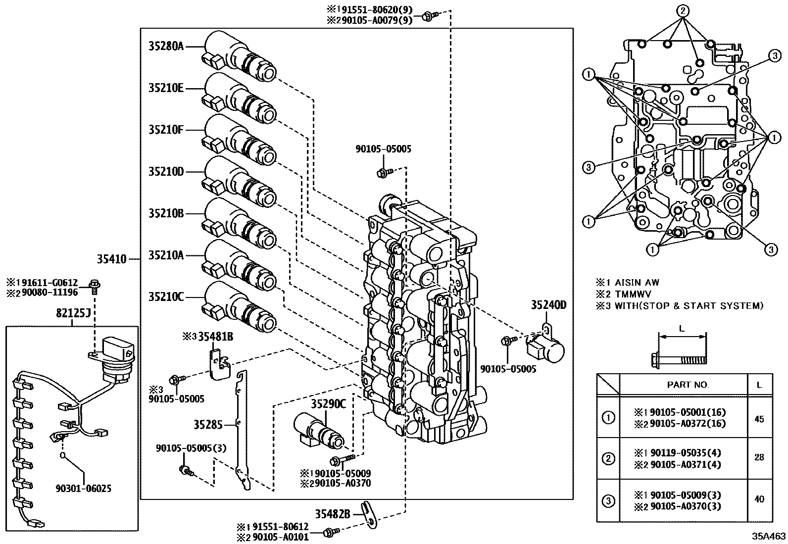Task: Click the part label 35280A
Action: pos(166,46)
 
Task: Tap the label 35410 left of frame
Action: pos(111,258)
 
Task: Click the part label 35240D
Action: pos(548,305)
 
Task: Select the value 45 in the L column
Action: pos(759,419)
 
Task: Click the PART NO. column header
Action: pos(688,385)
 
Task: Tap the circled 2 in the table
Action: pos(608,458)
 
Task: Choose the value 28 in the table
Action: pos(759,457)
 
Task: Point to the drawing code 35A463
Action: pos(769,536)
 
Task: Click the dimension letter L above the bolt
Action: pos(682,329)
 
